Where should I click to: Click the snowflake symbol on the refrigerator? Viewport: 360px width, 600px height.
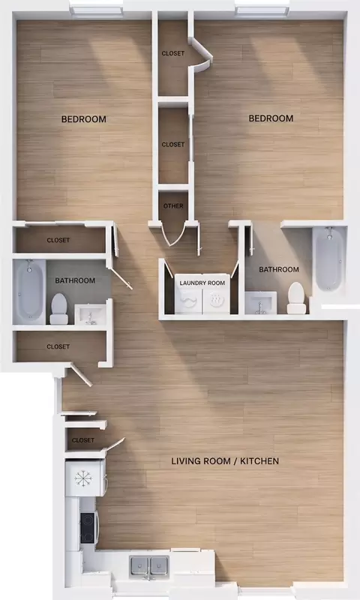click(x=83, y=478)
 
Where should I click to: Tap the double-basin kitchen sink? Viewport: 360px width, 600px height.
click(x=149, y=565)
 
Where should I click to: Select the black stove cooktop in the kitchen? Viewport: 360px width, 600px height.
click(x=87, y=528)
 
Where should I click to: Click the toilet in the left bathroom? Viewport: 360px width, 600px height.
click(x=59, y=309)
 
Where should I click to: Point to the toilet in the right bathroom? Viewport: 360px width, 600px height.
click(x=296, y=298)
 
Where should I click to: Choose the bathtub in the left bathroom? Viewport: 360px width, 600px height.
click(x=29, y=291)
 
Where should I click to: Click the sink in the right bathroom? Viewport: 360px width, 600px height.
click(x=260, y=303)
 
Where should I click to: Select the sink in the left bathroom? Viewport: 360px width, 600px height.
click(x=89, y=314)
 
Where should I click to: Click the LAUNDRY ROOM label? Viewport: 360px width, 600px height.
click(x=202, y=283)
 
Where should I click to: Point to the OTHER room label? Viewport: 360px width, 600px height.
click(x=173, y=205)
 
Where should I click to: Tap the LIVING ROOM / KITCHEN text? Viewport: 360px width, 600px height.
click(x=225, y=461)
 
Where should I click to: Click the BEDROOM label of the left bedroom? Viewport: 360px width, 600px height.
click(x=84, y=119)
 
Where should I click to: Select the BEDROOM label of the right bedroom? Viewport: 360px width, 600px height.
click(x=271, y=118)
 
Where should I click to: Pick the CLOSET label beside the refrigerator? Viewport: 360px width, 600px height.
click(x=83, y=440)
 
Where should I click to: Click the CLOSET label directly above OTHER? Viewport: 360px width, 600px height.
click(x=173, y=145)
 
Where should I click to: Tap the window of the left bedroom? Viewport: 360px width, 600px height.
click(x=97, y=11)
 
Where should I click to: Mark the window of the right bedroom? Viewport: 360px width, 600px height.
click(x=262, y=10)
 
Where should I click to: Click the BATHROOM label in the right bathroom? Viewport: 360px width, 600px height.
click(x=279, y=270)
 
